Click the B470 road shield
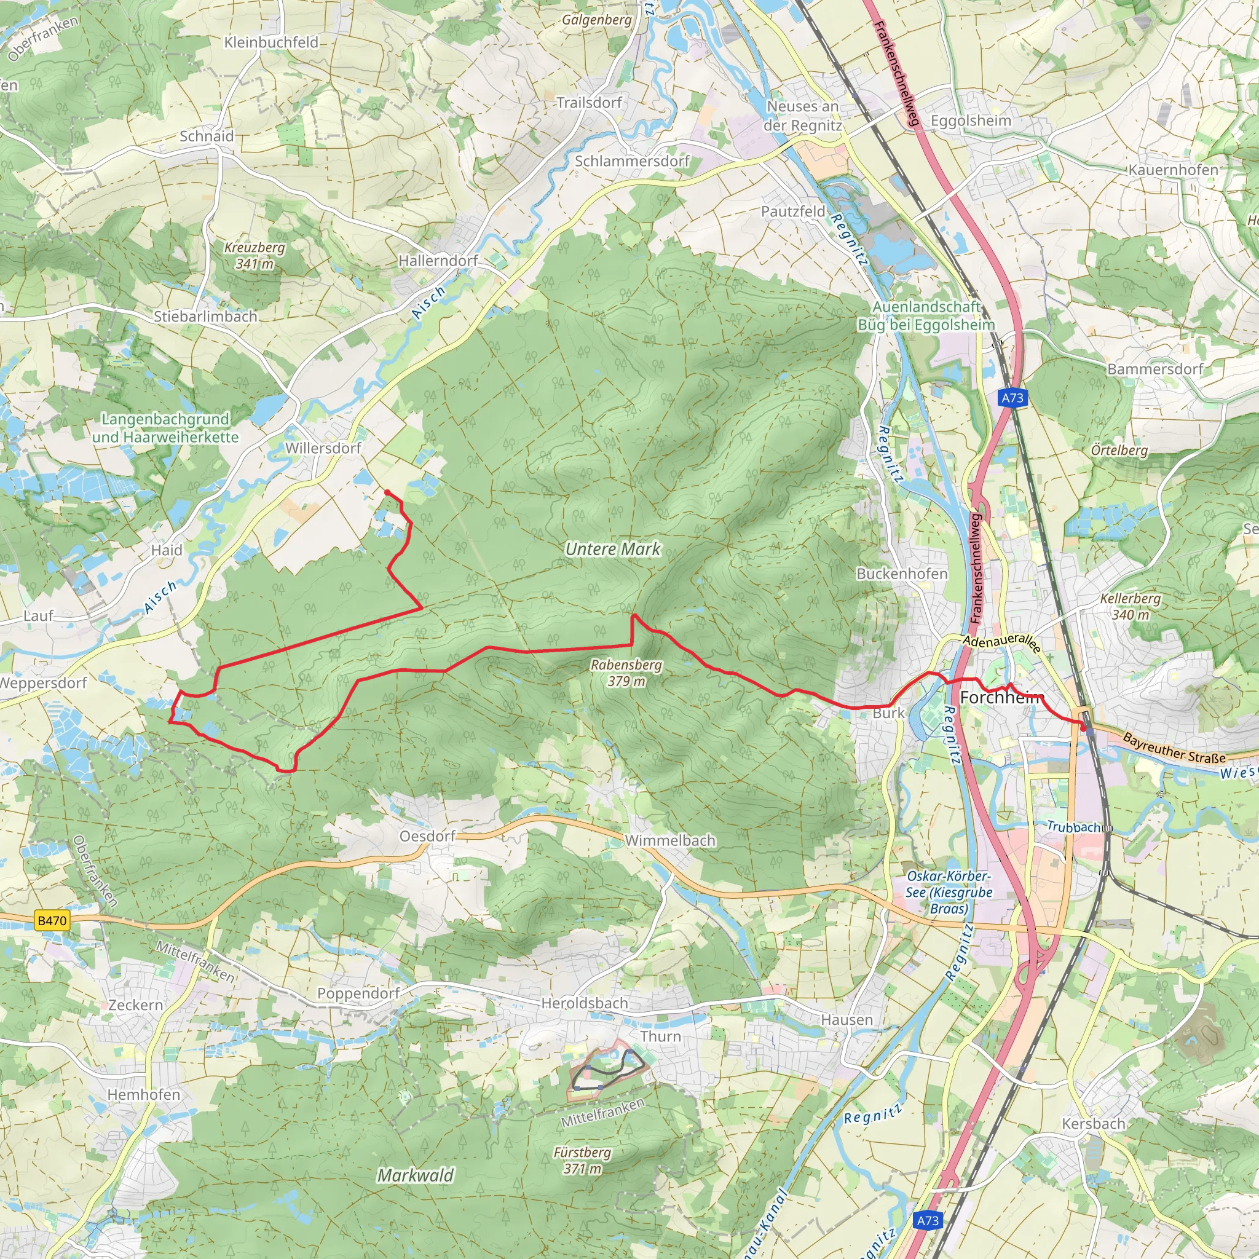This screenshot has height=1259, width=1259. coord(52,920)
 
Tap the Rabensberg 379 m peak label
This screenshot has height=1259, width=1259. coord(626,673)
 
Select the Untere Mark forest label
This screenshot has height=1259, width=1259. coord(612,550)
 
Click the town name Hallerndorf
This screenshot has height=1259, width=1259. coord(438,261)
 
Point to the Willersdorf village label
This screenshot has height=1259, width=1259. coord(323,448)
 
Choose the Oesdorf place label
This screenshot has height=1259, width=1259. coord(427,836)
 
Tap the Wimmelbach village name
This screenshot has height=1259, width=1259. coord(670,840)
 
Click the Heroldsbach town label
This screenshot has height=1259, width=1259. coord(585,1003)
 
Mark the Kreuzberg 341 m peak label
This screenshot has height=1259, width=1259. coord(254,256)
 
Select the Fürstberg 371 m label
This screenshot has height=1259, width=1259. coord(582,1160)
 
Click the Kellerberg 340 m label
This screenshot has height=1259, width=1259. coord(1130,606)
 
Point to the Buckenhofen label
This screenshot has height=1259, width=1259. coord(902,574)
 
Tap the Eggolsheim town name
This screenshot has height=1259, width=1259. coord(970,121)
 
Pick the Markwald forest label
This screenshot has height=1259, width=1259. coord(415,1175)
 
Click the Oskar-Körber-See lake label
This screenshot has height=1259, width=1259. coord(949,892)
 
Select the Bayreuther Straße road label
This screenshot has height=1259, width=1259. coord(1174,748)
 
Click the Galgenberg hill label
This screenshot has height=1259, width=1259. coord(597,20)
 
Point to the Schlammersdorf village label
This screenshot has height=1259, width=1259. coord(631,161)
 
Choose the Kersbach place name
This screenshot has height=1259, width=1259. coord(1094,1124)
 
